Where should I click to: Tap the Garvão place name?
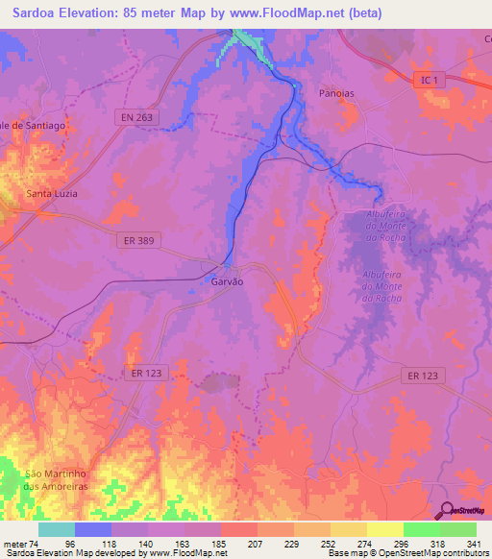click(x=228, y=282)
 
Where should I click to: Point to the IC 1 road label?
click(x=429, y=82)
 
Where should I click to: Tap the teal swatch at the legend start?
click(x=57, y=529)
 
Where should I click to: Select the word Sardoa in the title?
click(x=28, y=12)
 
